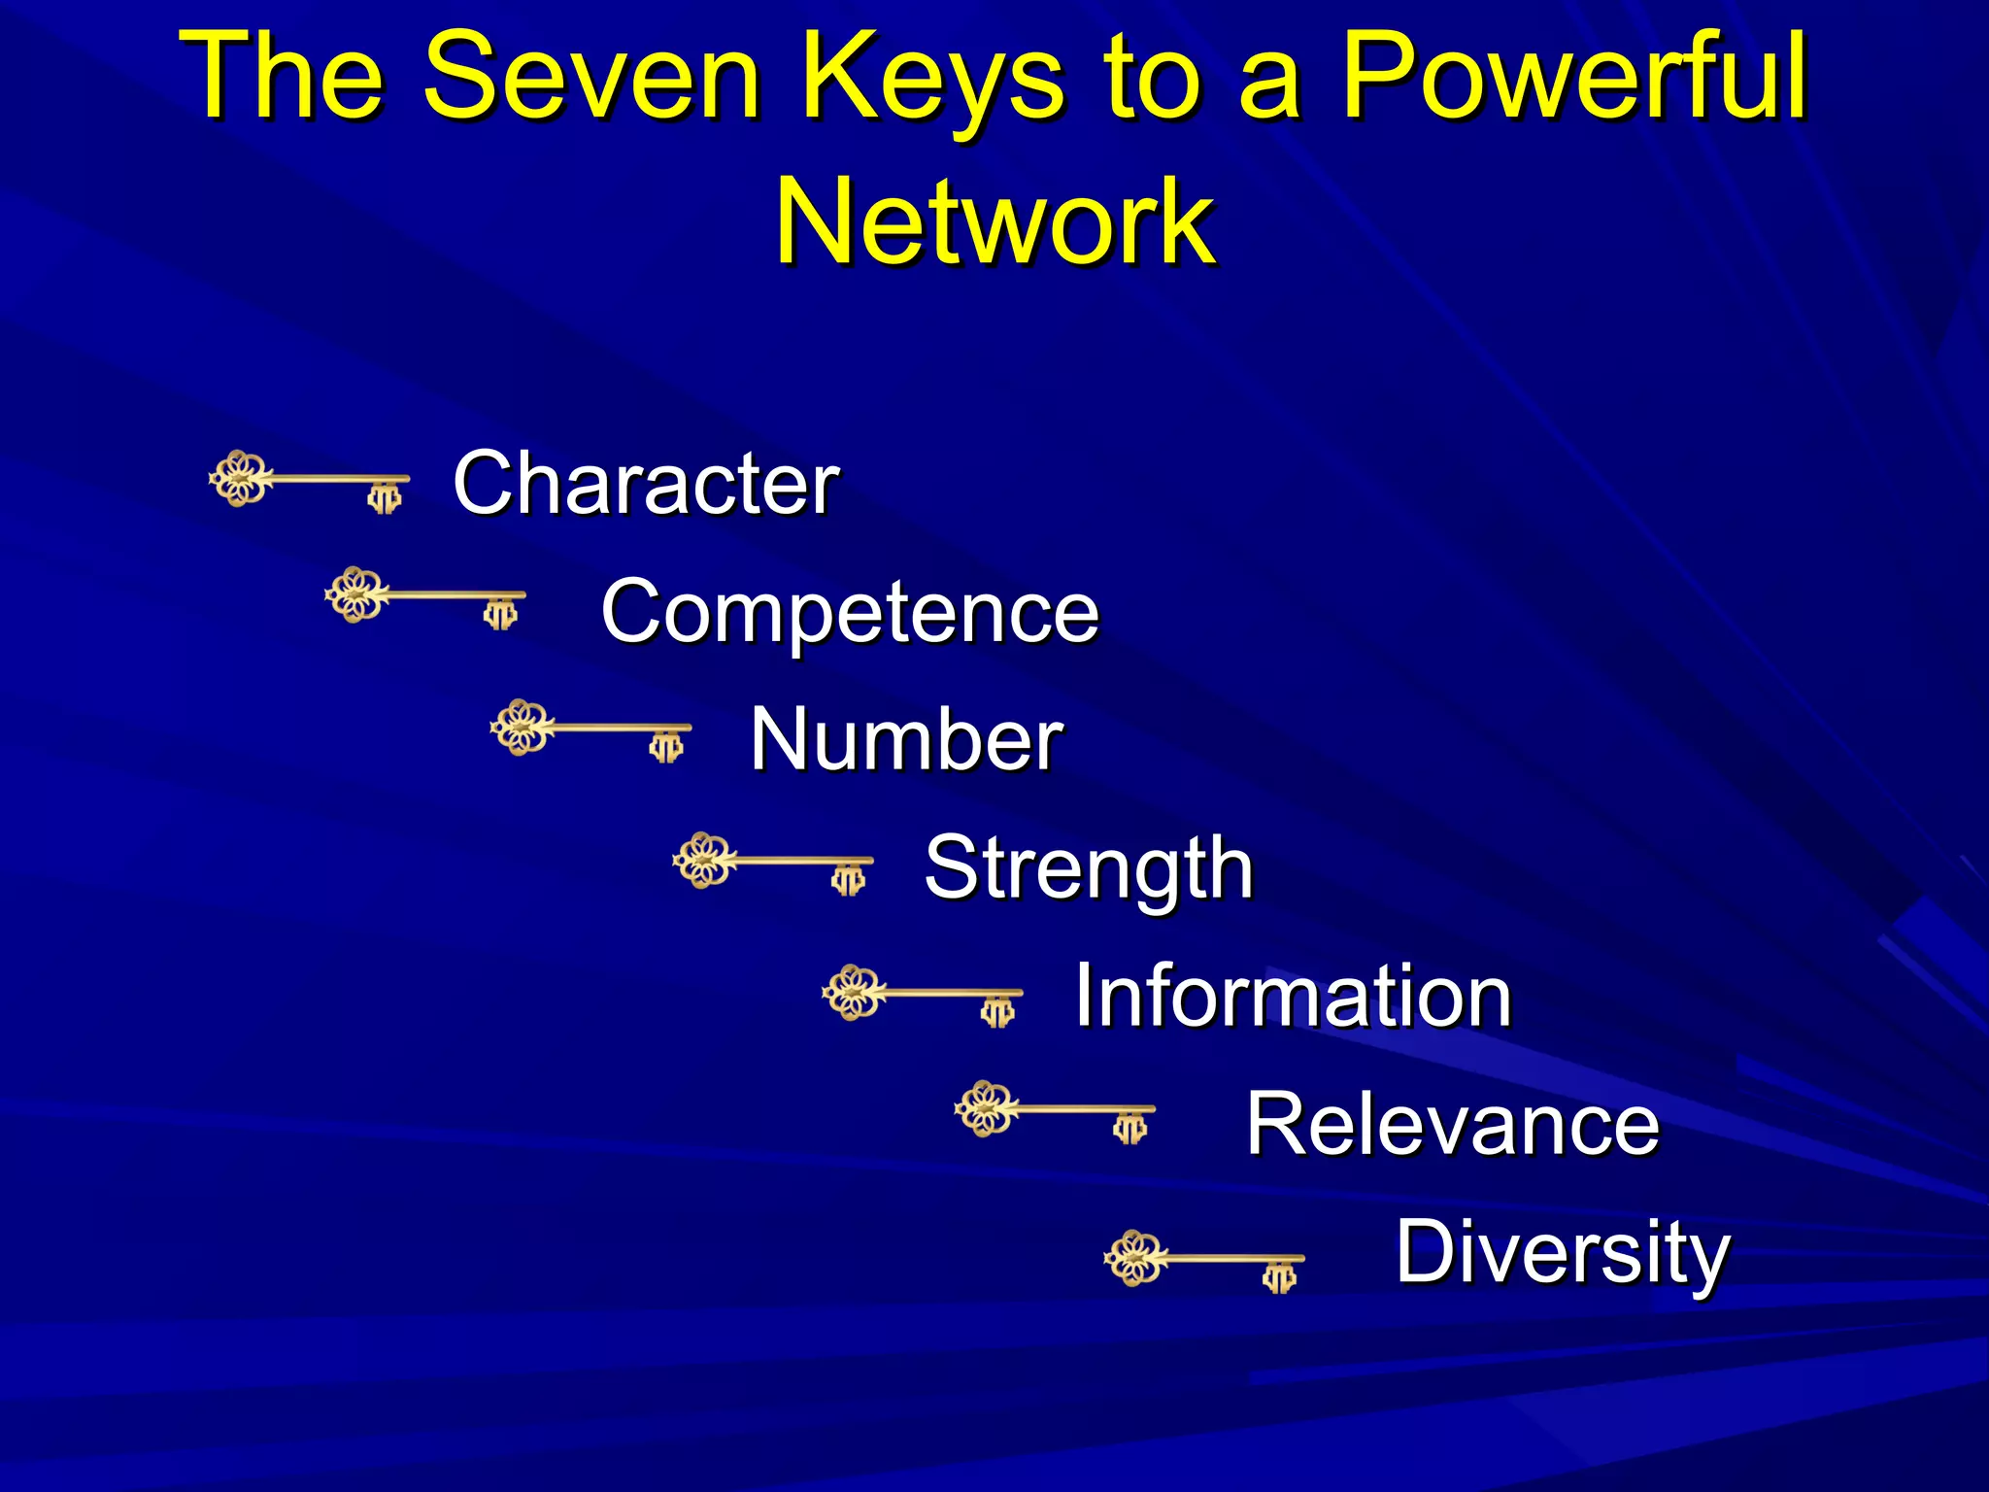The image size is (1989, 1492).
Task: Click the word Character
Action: click(x=646, y=483)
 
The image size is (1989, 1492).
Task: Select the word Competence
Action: click(x=850, y=611)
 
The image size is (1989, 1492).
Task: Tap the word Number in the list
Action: click(x=906, y=739)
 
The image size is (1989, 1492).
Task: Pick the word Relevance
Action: click(x=1453, y=1124)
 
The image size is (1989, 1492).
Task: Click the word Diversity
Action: click(x=1563, y=1253)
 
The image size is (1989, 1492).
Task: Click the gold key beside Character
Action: click(x=309, y=481)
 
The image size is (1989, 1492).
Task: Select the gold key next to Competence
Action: click(x=425, y=597)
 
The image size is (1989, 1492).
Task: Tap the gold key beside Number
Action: click(x=590, y=729)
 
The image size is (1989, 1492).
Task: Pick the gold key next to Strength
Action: click(x=773, y=863)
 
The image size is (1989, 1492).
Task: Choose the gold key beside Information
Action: click(x=922, y=995)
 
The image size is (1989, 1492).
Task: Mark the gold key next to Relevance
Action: click(x=1055, y=1110)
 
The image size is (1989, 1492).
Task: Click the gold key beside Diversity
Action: click(x=1204, y=1261)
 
